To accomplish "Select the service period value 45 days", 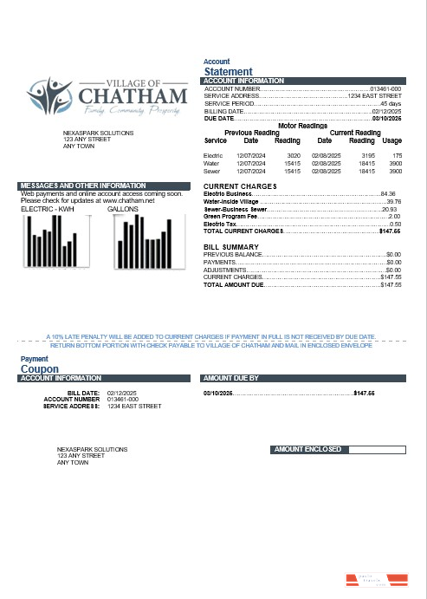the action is point(391,104).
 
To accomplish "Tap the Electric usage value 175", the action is point(397,154).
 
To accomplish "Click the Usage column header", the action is point(391,140).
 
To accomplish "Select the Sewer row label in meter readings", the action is point(210,172).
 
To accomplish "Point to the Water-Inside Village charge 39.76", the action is point(393,202).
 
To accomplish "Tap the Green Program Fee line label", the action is point(230,217).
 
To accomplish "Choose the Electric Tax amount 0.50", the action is point(395,225).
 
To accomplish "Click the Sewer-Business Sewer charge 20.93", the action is point(389,210).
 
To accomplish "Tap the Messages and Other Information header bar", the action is point(103,186).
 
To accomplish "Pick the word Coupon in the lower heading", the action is point(39,368).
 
